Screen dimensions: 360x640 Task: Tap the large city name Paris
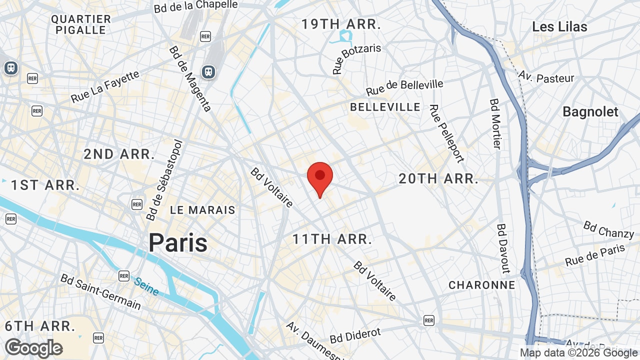(x=178, y=243)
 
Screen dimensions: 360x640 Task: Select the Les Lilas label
(x=559, y=26)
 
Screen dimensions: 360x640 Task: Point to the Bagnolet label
(x=590, y=111)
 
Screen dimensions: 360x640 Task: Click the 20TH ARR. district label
(x=438, y=178)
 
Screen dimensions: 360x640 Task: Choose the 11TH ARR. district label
(x=332, y=239)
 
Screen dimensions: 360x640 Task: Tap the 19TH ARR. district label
(x=341, y=23)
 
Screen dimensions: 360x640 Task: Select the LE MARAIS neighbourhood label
(x=202, y=210)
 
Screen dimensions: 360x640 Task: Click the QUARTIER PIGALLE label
(x=81, y=24)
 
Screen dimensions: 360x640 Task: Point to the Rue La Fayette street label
(x=105, y=86)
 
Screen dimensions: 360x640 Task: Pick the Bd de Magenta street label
(x=190, y=78)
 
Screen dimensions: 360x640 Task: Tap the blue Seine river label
(x=146, y=286)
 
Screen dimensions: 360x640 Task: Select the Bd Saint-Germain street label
(x=100, y=291)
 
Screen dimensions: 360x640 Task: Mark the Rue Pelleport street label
(x=446, y=133)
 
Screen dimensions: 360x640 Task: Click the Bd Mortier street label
(x=495, y=123)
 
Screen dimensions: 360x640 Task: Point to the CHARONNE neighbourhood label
(x=481, y=285)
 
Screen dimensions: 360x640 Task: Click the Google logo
(x=33, y=348)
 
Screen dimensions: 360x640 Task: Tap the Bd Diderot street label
(x=355, y=335)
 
